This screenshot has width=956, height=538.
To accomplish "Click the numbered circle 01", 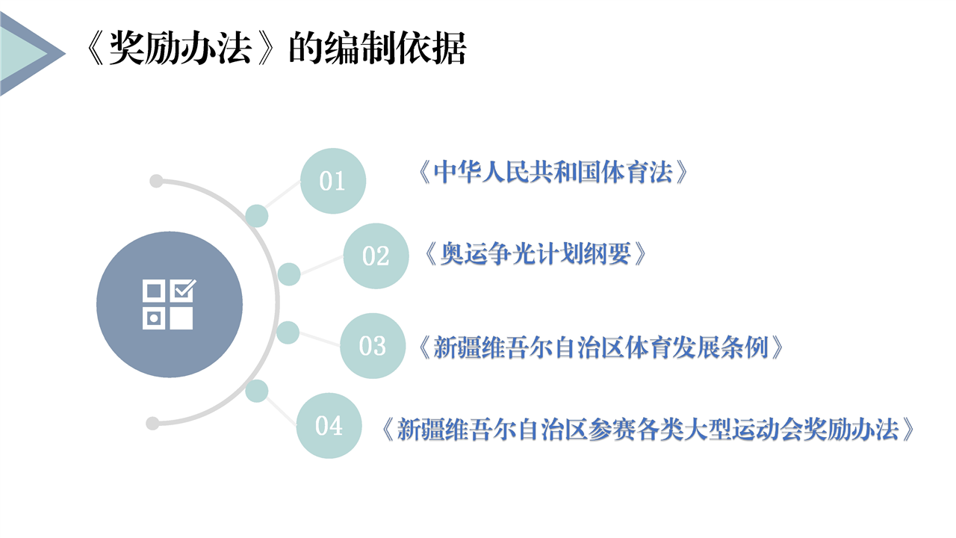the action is tap(333, 181).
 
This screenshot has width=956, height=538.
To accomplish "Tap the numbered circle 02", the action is tap(376, 256).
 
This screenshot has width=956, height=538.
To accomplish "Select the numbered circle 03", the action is tap(373, 346).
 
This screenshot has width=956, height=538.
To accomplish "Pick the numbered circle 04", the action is tap(329, 426).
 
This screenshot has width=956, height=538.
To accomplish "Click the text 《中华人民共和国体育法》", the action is tap(553, 173).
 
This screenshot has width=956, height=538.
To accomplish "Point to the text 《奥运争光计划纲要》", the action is tap(536, 253).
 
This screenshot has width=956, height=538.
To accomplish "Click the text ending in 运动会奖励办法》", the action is tap(648, 429).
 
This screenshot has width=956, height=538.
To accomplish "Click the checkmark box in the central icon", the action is tap(184, 291).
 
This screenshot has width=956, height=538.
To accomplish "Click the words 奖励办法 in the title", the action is tap(180, 49).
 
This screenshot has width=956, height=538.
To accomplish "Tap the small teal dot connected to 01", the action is tap(256, 216).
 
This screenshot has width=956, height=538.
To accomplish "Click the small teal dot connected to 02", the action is tap(289, 274).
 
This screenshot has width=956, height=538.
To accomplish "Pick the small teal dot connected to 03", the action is tap(288, 333).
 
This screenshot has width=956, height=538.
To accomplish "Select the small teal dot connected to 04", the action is tap(256, 391).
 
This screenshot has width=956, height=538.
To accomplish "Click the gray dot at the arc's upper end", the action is tap(156, 181).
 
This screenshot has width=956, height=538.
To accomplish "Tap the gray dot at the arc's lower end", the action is tap(152, 424).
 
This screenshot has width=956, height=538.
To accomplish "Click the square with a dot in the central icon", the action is tap(154, 318).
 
